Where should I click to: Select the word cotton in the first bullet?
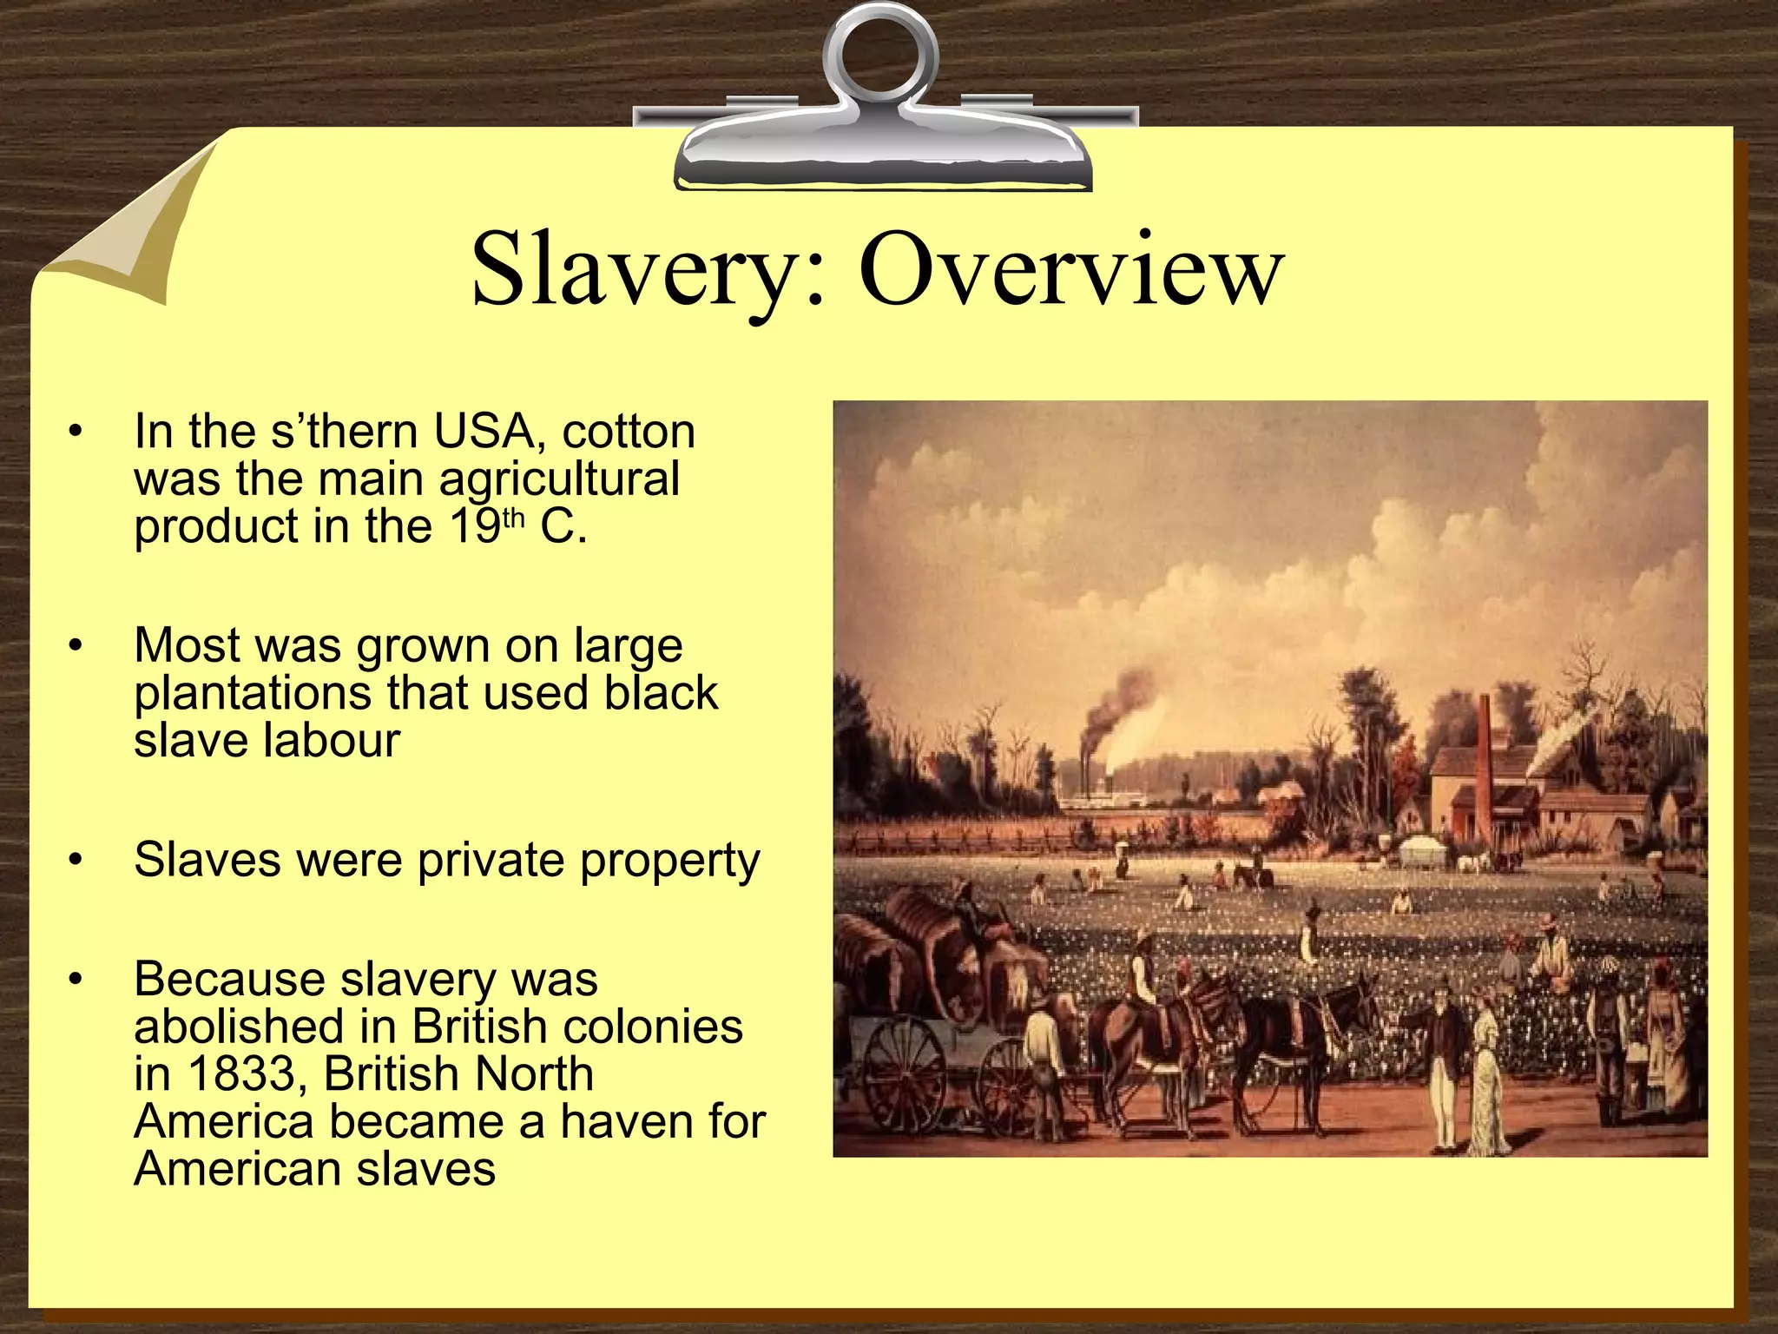pos(629,432)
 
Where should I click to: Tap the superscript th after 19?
pos(514,518)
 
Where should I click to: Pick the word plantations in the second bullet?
pos(255,694)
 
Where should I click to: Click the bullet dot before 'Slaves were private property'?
pos(76,861)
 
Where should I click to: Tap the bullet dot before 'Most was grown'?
pos(76,646)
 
